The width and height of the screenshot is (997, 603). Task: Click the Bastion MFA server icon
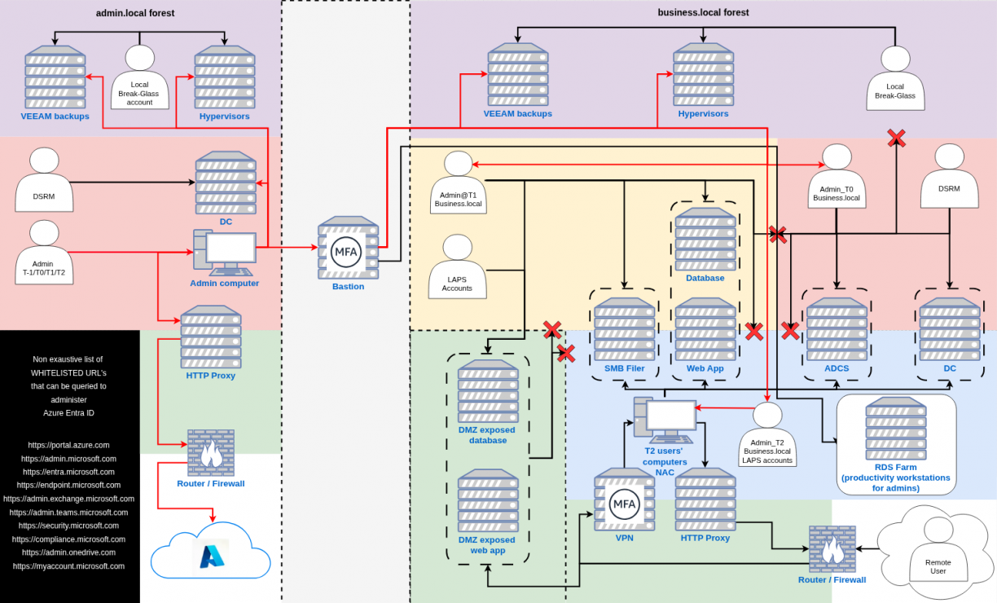pos(348,248)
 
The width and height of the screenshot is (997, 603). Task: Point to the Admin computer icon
pos(224,252)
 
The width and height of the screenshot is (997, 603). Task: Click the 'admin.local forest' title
pos(135,13)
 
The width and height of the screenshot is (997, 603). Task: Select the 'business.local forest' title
pos(703,12)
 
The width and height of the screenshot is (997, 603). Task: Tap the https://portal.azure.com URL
pos(68,446)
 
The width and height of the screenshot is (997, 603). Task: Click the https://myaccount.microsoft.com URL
pos(68,566)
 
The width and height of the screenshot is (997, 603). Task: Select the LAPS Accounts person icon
pos(457,266)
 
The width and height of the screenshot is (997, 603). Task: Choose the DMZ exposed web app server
pos(487,500)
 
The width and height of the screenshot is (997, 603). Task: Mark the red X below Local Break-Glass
pos(896,138)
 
